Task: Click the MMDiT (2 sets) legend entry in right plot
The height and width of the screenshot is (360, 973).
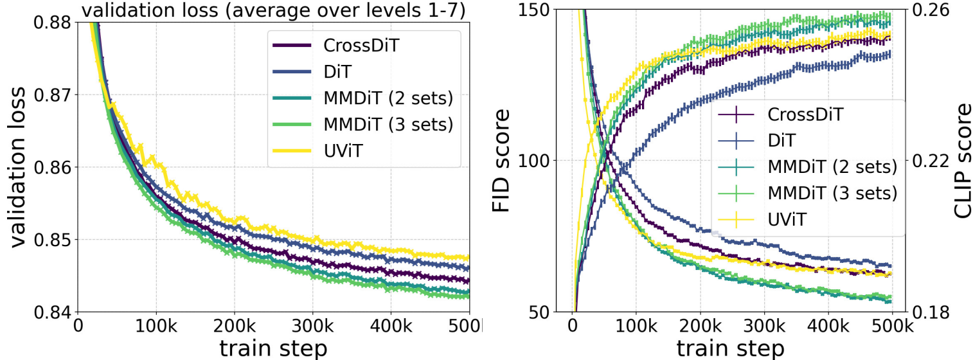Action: point(832,166)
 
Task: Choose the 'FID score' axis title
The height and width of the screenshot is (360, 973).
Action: point(502,160)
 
